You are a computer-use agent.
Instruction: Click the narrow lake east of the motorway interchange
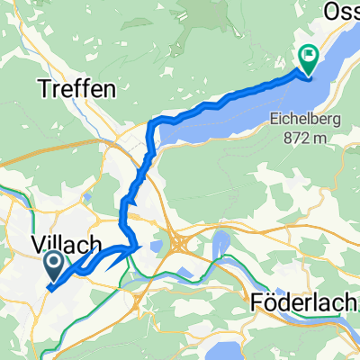tap(219, 245)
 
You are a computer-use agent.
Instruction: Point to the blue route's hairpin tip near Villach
tap(139, 246)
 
